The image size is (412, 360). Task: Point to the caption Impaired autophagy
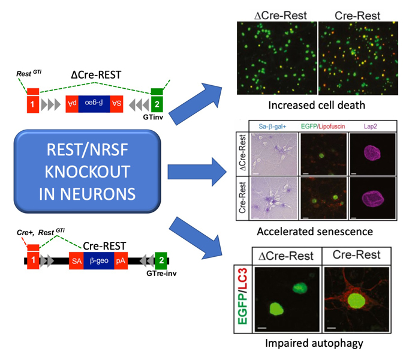(316, 344)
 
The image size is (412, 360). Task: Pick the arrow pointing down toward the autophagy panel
(198, 241)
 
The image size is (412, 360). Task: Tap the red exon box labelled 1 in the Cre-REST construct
(34, 262)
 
